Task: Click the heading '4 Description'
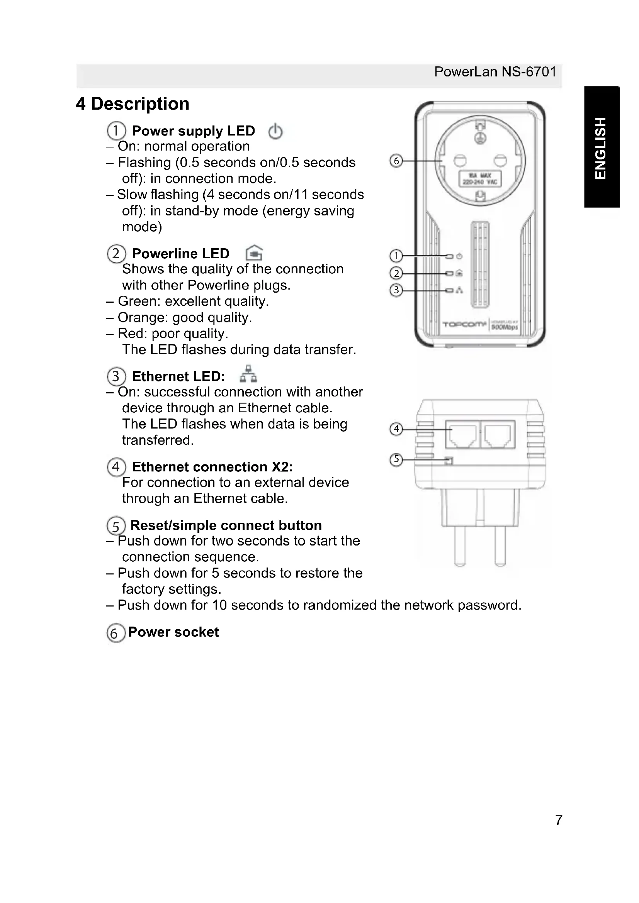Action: (x=133, y=104)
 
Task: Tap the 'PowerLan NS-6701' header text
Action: (x=495, y=72)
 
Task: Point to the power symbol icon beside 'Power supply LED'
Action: (x=275, y=131)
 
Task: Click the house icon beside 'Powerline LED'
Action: (x=254, y=253)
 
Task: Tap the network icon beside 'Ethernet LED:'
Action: (x=248, y=374)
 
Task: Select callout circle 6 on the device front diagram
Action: (x=396, y=161)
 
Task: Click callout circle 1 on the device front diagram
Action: (x=396, y=256)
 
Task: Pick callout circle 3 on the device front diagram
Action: (x=396, y=290)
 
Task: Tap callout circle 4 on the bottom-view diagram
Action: (x=396, y=428)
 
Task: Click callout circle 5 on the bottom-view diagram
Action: (x=396, y=459)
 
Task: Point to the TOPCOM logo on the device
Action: (x=464, y=324)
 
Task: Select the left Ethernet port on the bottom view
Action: (x=462, y=434)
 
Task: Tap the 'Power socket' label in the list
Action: (x=173, y=632)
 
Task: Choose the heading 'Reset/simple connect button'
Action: (x=226, y=525)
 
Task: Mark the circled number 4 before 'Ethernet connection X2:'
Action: (x=116, y=467)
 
